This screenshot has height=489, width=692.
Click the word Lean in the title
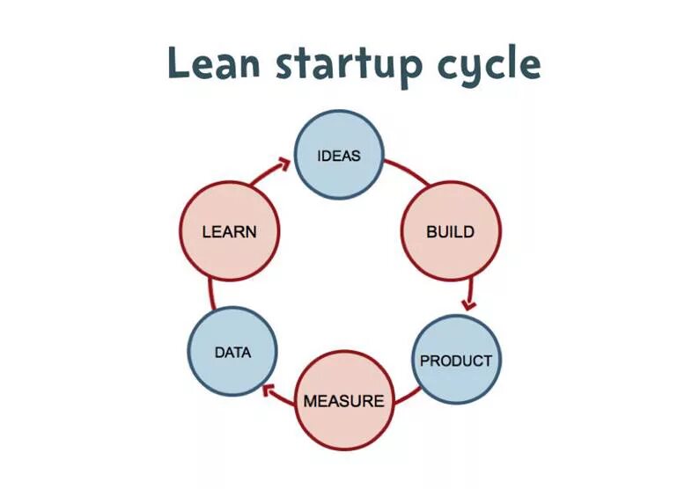tap(212, 63)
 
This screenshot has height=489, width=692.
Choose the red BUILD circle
tap(450, 232)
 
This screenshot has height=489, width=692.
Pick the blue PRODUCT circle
tap(456, 360)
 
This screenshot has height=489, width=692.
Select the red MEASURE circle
tap(343, 400)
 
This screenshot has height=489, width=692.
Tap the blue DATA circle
tap(232, 352)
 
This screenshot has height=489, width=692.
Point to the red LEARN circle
tap(229, 232)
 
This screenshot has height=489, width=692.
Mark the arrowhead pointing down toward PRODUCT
tap(469, 303)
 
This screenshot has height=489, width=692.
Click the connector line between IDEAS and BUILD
tap(406, 172)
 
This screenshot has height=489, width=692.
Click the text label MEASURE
tap(343, 401)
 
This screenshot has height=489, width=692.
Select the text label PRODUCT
tap(456, 361)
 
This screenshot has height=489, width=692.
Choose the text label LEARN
tap(229, 232)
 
